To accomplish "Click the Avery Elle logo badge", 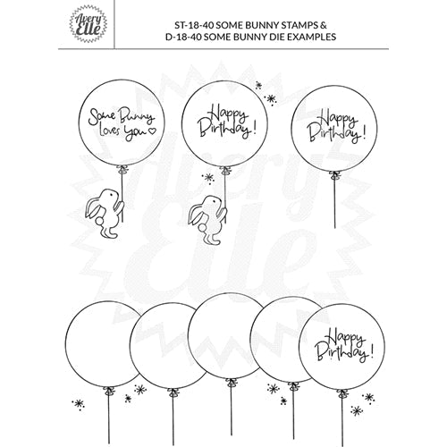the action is tap(89, 23).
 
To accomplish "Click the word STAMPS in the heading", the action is tap(300, 25).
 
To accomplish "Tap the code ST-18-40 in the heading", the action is tap(194, 25).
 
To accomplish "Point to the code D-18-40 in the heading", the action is tap(183, 37).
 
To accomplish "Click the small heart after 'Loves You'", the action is tap(152, 131).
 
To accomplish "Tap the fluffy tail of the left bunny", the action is tap(99, 221).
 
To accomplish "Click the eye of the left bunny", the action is tap(111, 194).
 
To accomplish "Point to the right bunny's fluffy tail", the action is tap(203, 228).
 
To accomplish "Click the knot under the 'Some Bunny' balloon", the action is tap(122, 170).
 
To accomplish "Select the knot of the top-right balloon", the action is tap(335, 175).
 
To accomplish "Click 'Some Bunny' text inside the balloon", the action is tap(122, 117).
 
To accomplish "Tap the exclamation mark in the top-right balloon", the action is tap(363, 134).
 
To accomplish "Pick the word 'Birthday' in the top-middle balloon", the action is tap(224, 130).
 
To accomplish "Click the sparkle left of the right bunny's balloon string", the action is tap(208, 178).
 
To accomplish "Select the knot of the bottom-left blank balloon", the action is tap(109, 391).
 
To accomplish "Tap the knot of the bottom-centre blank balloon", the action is tap(231, 382).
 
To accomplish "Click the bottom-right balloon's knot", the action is tap(342, 393).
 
